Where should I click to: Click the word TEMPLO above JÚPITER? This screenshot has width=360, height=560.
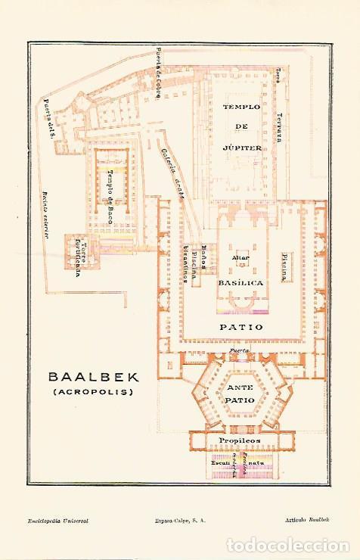241,107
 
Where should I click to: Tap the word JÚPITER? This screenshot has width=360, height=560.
241,148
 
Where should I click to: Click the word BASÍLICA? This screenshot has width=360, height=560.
241,282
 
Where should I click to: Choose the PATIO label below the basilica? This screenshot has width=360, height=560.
241,328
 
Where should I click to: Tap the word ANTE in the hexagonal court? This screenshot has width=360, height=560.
241,387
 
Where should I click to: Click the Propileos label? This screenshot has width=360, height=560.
240,440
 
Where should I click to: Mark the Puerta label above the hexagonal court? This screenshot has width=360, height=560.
240,352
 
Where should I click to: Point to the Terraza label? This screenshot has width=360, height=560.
278,125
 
